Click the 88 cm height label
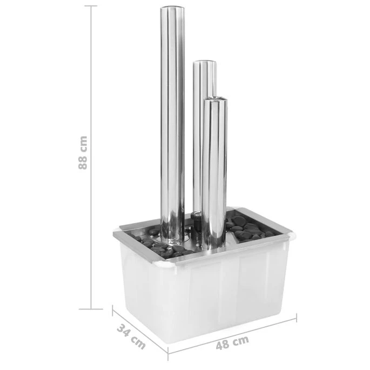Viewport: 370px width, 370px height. tap(83, 153)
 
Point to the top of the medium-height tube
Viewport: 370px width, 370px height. tap(205, 63)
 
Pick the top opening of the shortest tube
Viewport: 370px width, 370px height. tap(215, 98)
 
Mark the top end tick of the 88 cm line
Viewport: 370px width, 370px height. tap(91, 6)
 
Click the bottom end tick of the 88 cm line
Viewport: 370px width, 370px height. tap(91, 309)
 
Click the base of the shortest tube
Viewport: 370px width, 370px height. tap(214, 246)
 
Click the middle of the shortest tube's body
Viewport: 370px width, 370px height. tap(214, 173)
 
